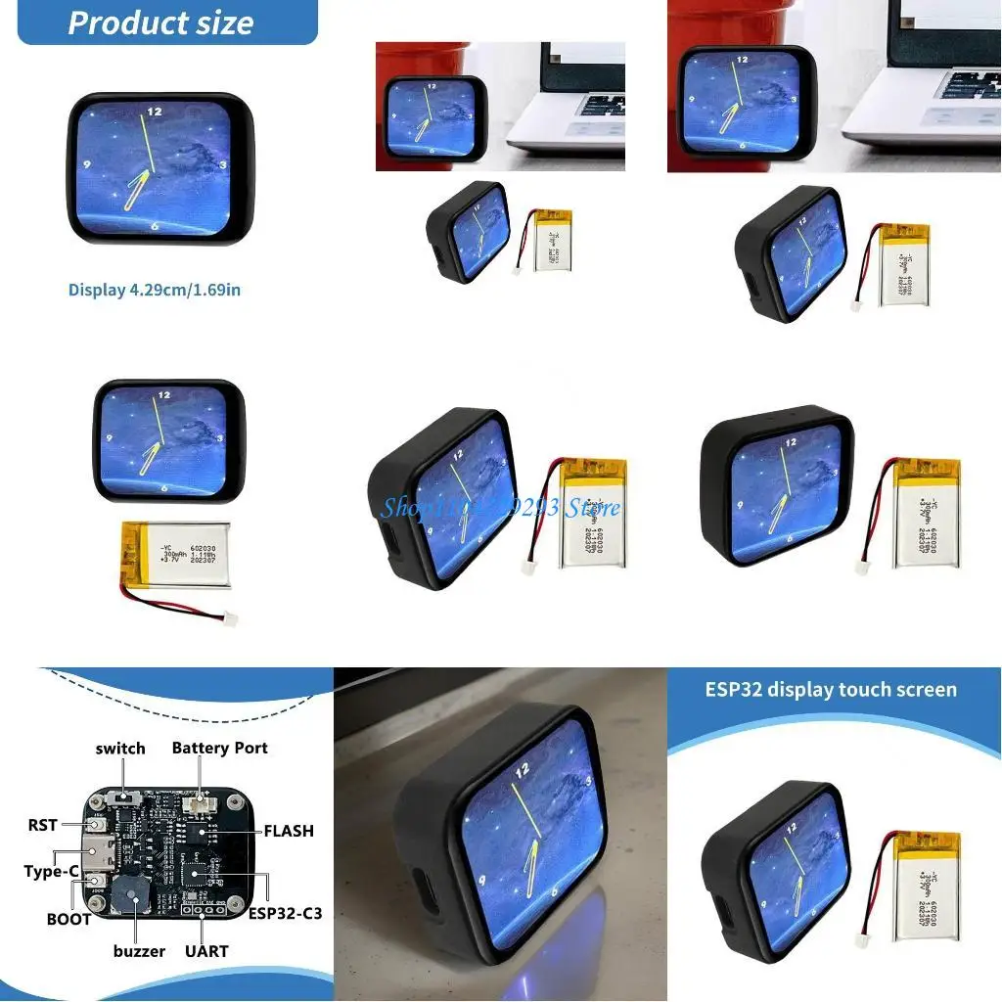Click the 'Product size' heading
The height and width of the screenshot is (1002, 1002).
[160, 22]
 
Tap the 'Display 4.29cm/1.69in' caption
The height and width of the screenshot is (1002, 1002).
[155, 290]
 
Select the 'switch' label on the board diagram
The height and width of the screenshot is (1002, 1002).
[120, 749]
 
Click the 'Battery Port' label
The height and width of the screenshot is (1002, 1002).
[219, 748]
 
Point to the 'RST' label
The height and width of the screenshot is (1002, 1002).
[43, 826]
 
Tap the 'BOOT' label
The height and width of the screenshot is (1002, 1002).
[68, 919]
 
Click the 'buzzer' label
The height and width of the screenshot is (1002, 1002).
[138, 950]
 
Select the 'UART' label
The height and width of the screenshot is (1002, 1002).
[206, 950]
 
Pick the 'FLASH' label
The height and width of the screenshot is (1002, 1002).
[289, 831]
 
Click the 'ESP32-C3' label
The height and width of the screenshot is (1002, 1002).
[285, 914]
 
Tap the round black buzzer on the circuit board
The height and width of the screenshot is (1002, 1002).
[127, 894]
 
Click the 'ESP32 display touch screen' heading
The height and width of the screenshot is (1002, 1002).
[831, 689]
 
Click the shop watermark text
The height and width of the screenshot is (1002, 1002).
[500, 507]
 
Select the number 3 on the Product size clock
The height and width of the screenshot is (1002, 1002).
[223, 164]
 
